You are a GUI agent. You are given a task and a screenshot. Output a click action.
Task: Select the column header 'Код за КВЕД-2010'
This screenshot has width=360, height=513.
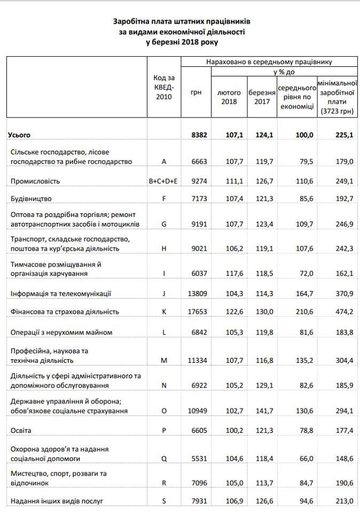pos(163,87)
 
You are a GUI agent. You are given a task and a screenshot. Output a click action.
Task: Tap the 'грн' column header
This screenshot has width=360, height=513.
pos(196,92)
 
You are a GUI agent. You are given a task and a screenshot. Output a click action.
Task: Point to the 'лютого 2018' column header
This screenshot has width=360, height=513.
pos(229,96)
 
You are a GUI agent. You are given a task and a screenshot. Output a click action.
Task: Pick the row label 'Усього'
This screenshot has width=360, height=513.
pos(19,136)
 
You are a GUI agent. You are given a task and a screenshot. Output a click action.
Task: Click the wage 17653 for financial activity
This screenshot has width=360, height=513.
pos(197,312)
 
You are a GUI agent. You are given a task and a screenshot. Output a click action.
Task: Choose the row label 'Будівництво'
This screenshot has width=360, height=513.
pos(31,199)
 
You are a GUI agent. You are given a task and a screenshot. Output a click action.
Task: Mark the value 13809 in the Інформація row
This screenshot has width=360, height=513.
pos(197,293)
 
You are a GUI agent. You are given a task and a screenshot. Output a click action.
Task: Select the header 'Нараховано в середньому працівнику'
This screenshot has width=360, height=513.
pos(269,62)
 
